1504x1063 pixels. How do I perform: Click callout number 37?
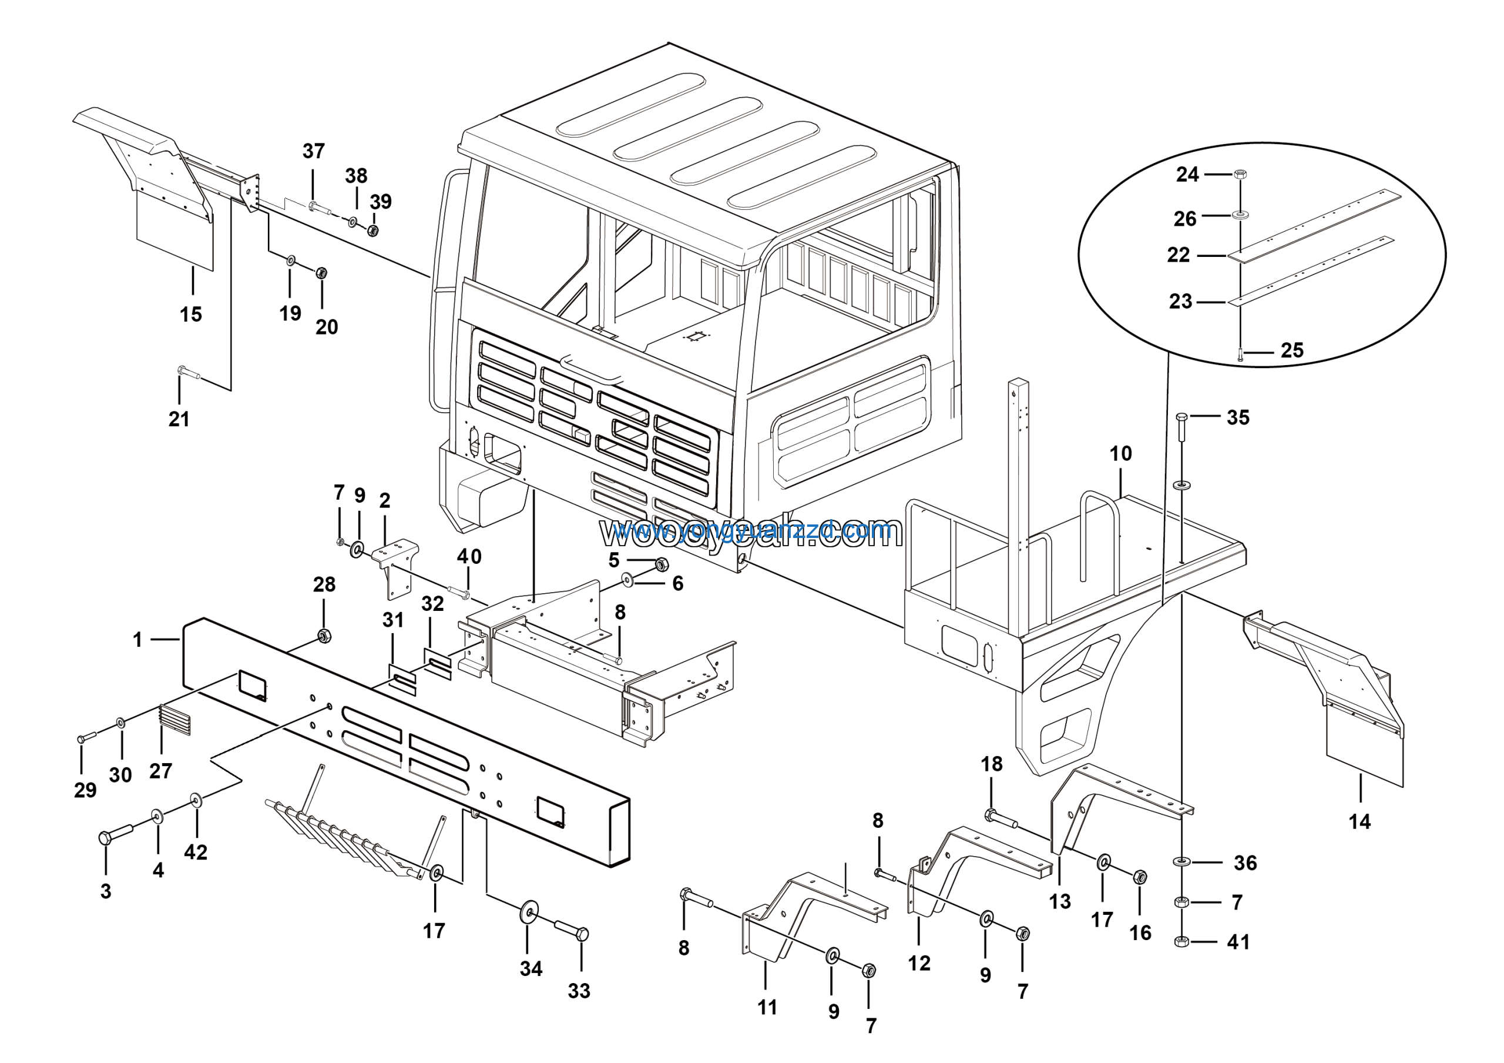click(314, 151)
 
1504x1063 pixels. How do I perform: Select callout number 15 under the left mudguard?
click(190, 315)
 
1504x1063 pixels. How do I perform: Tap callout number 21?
click(179, 419)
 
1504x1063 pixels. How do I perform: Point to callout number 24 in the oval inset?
click(1187, 175)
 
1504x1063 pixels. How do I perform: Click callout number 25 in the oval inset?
click(1292, 350)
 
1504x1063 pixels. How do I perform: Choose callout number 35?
click(1238, 417)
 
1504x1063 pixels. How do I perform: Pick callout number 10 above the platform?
click(1121, 453)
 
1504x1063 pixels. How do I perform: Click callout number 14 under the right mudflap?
click(1359, 822)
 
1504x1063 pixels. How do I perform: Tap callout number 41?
click(1238, 942)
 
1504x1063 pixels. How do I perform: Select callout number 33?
click(579, 991)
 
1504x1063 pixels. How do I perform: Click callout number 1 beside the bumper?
click(137, 640)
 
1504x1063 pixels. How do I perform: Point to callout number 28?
click(324, 584)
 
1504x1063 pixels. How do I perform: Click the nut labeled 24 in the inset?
click(1240, 175)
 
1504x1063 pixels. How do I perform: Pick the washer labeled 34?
click(528, 914)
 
